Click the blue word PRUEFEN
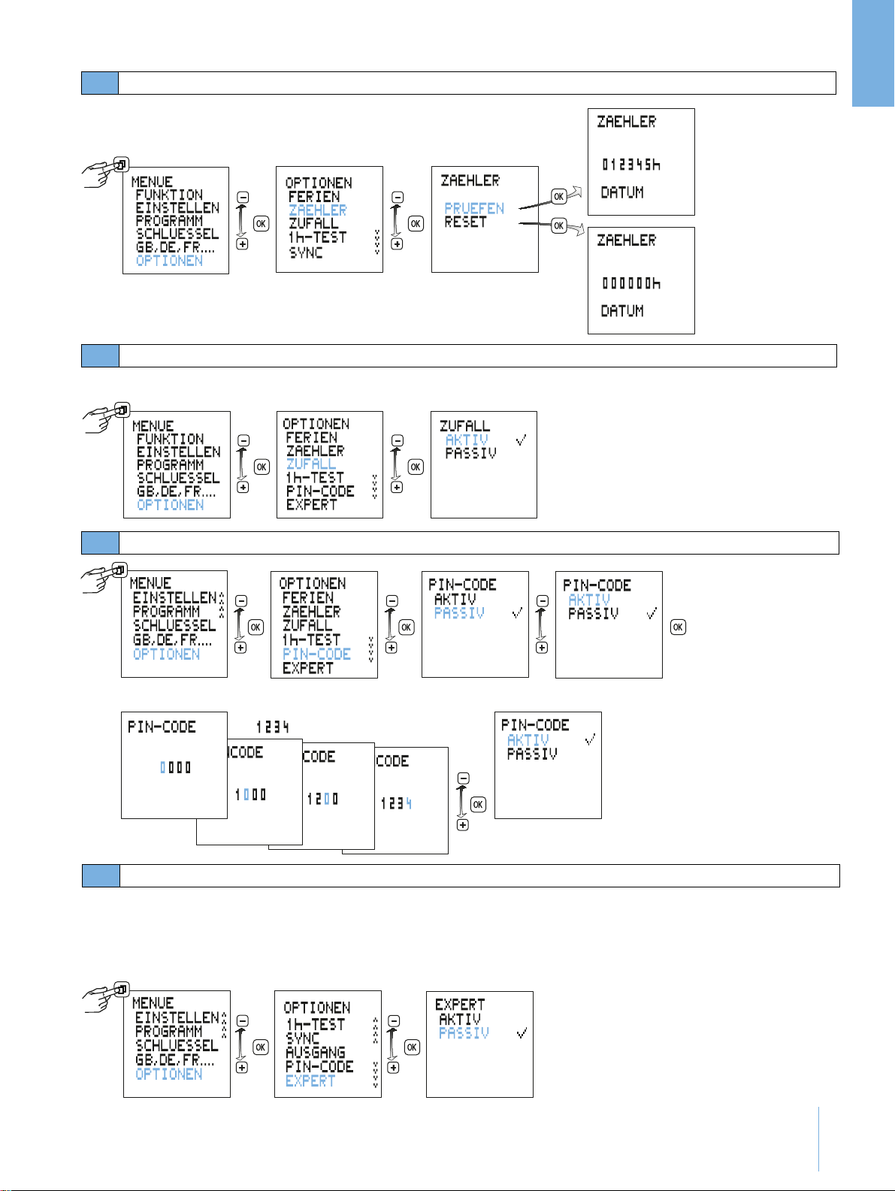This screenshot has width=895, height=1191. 474,208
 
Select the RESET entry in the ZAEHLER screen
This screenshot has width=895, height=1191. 465,222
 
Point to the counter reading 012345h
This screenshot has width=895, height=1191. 630,165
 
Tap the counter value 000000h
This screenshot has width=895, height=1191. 630,283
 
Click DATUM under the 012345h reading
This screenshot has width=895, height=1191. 622,192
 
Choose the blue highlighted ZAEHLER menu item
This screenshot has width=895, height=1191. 318,210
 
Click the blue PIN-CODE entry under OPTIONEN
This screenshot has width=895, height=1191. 317,654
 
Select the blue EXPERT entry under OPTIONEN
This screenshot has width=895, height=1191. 310,1081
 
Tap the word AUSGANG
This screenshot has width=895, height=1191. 316,1053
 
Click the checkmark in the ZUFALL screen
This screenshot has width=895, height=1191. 521,440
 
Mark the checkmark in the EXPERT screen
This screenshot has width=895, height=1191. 522,1034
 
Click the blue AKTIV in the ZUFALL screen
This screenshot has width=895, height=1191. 467,440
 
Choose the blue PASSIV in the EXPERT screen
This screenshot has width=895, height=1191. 464,1033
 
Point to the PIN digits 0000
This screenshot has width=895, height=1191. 175,767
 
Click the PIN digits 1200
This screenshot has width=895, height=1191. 322,799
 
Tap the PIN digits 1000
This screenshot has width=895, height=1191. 250,794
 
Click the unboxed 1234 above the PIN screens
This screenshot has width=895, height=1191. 272,727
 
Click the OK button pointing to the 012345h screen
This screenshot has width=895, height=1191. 558,197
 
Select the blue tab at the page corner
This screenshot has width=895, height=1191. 873,54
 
